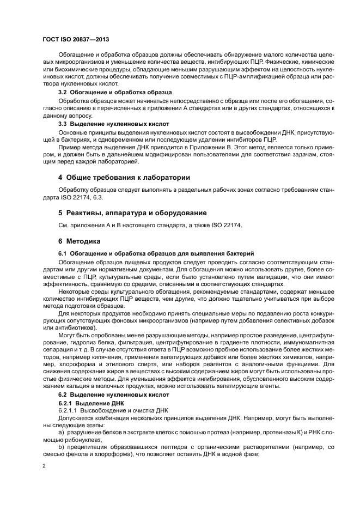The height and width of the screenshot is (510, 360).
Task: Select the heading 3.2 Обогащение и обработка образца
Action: point(115,92)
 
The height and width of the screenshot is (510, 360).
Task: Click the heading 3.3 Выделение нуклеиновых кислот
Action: point(113,124)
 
